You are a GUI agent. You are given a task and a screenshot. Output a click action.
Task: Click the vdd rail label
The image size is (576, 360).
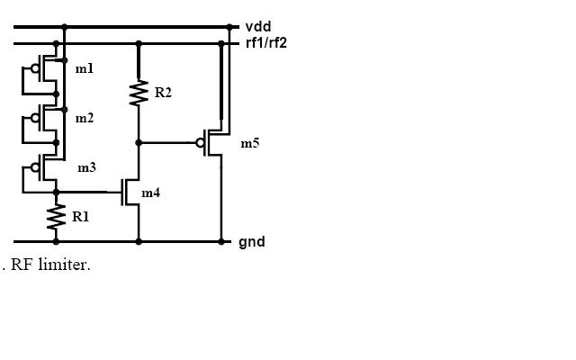tap(258, 27)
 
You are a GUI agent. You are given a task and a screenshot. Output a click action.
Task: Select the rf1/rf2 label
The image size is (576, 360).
tap(266, 42)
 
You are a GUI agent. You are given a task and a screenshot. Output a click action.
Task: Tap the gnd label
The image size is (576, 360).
tap(252, 242)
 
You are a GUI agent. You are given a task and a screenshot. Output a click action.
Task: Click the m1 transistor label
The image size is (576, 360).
tap(84, 69)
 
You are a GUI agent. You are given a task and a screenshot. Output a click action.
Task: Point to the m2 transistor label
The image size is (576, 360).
tap(84, 118)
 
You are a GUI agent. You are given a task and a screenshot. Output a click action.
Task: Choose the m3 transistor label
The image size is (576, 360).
tap(86, 167)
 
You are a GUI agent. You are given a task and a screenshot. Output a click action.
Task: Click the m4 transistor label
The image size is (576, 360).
tap(150, 193)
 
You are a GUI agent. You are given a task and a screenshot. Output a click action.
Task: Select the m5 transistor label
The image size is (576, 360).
tap(249, 143)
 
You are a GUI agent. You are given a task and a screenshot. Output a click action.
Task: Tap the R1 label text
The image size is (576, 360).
tap(80, 217)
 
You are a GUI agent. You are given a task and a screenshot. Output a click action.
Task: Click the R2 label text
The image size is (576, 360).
tap(163, 93)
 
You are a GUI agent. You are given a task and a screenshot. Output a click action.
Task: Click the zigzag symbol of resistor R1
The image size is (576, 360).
tap(56, 217)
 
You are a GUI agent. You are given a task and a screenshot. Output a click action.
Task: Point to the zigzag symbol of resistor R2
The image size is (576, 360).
tap(139, 94)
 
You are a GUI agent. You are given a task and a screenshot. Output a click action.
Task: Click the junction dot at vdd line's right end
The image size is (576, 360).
tap(229, 27)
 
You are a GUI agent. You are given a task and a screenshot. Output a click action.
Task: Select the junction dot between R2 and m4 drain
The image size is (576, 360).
tap(139, 142)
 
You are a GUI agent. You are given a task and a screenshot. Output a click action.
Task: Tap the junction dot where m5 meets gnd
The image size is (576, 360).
tap(220, 241)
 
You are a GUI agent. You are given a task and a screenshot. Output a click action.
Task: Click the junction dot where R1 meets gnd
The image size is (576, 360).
tap(56, 241)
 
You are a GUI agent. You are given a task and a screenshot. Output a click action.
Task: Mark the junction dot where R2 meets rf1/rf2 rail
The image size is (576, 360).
tap(139, 43)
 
